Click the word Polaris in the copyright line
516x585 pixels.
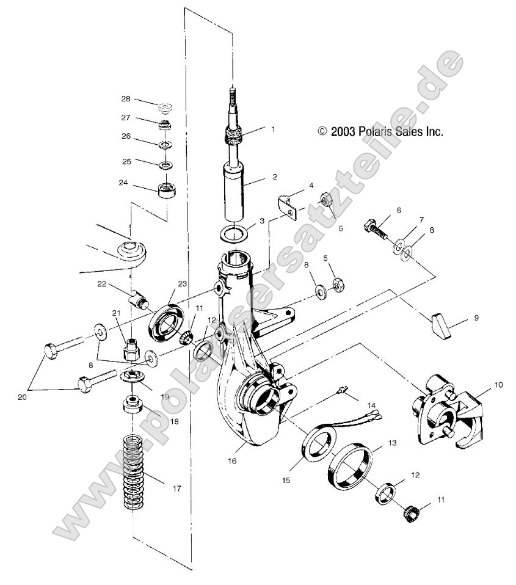[371, 131]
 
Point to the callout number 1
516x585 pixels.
[273, 129]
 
